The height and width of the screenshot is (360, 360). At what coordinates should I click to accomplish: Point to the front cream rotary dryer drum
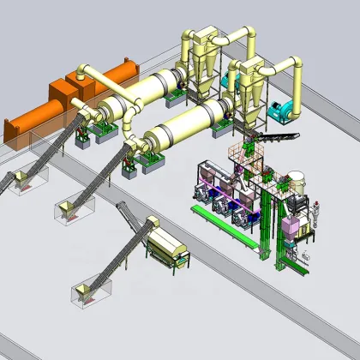coord(185,129)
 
